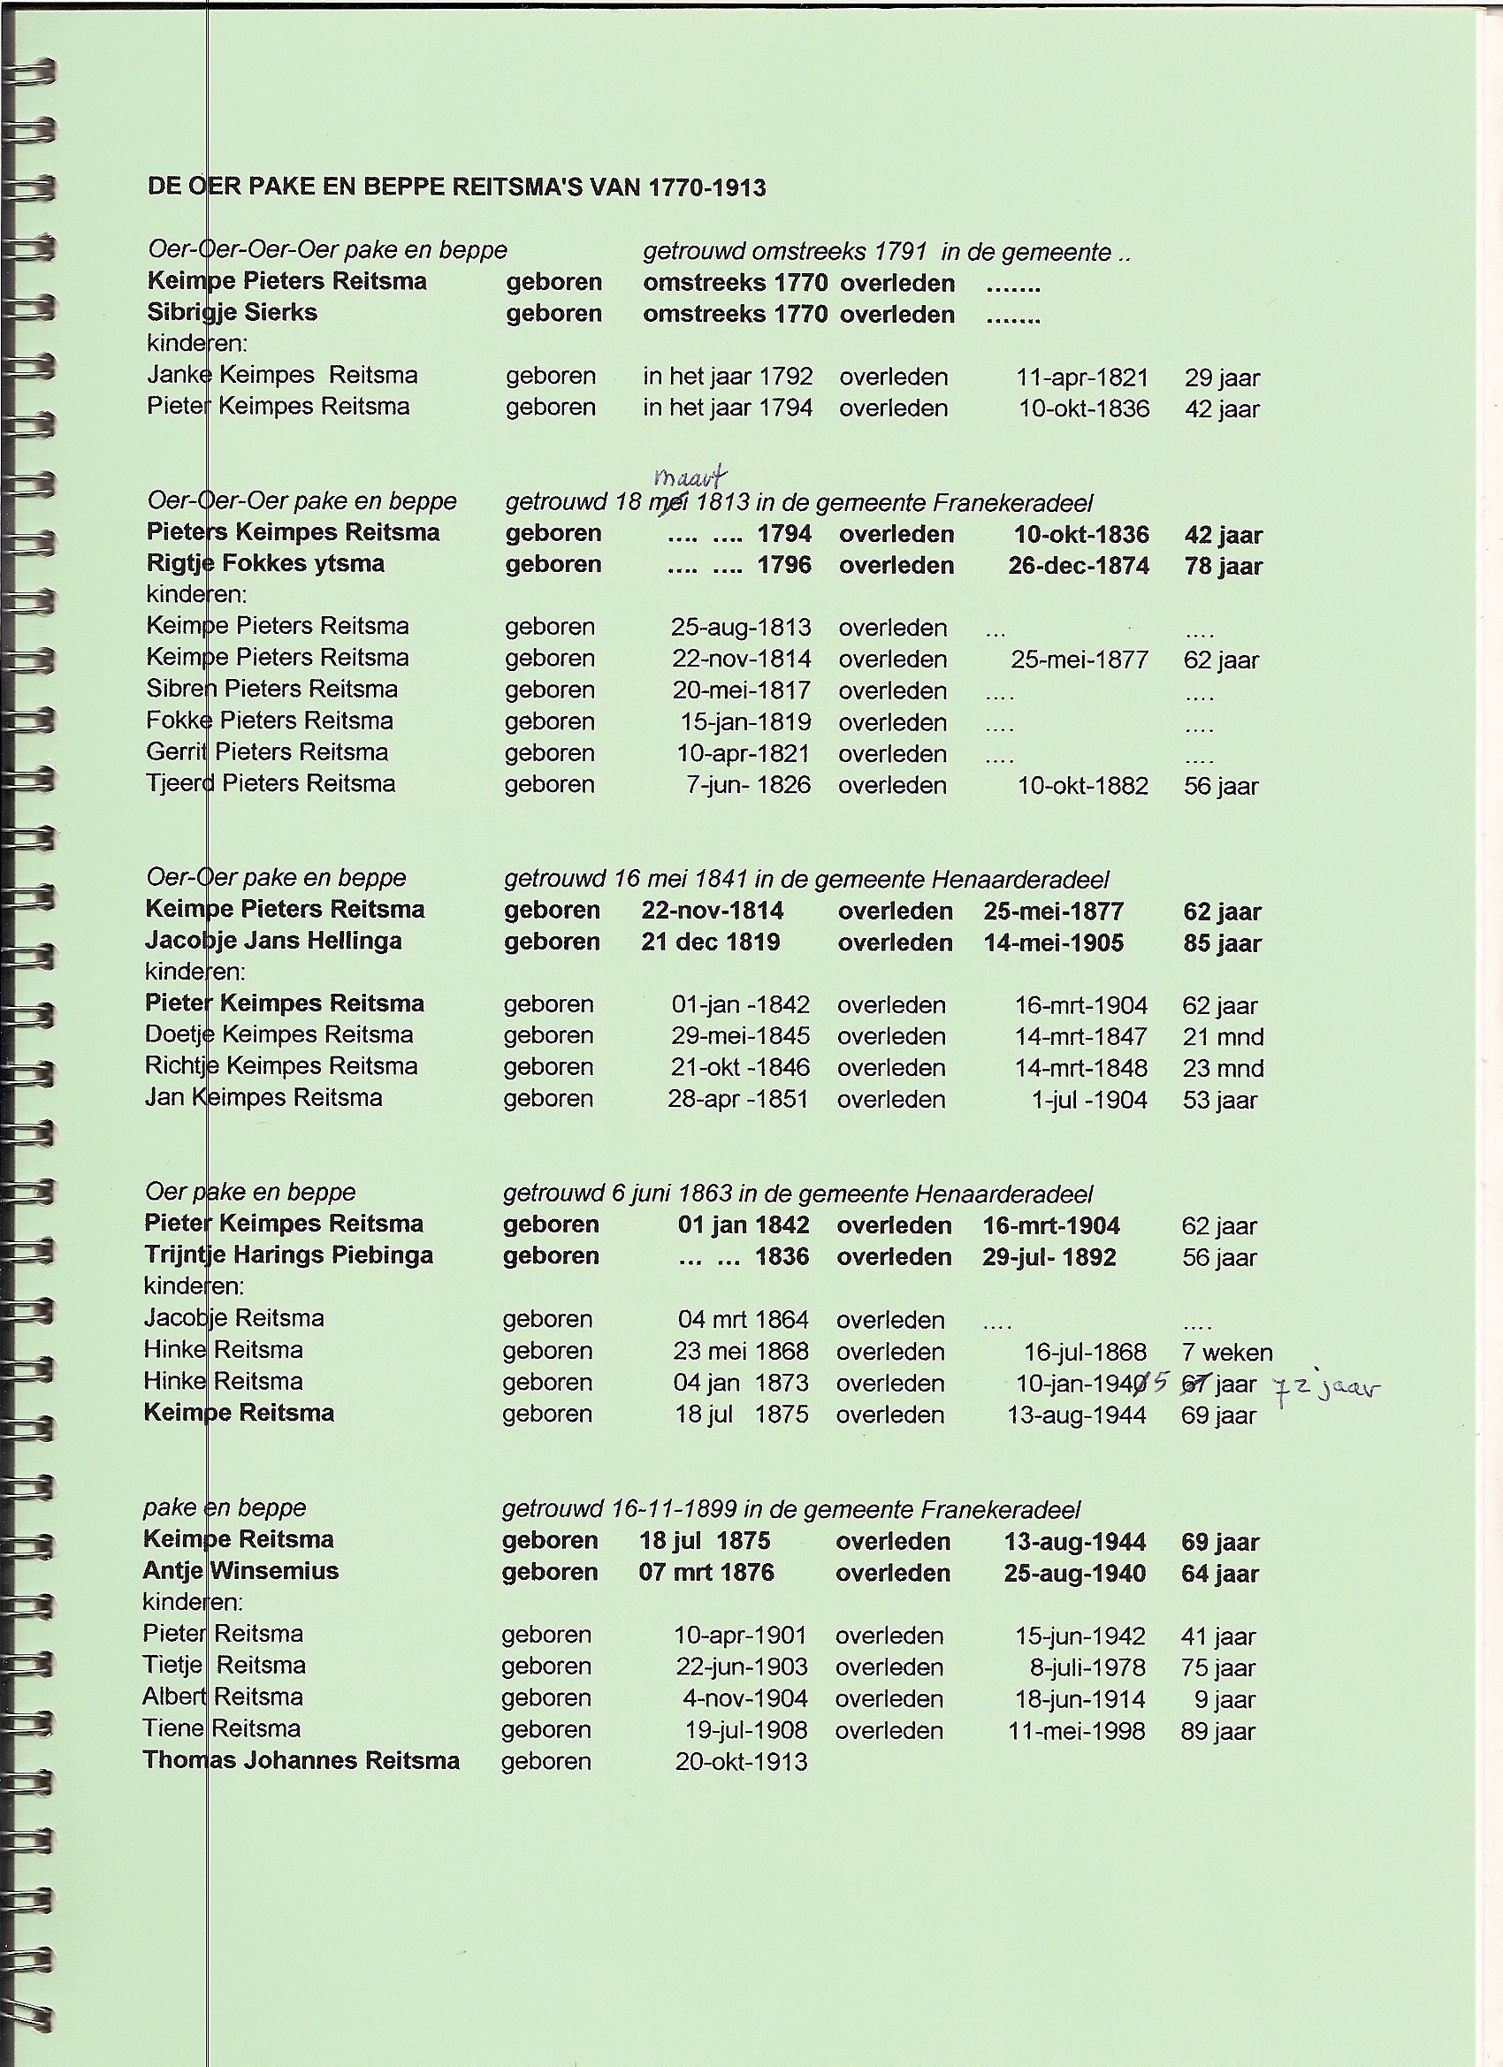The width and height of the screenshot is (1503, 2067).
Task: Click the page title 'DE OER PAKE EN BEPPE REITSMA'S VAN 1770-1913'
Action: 455,187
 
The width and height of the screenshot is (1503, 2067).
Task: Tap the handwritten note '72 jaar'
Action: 1326,1391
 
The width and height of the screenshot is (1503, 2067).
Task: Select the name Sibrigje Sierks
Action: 232,313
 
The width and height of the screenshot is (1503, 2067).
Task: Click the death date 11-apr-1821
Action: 1082,378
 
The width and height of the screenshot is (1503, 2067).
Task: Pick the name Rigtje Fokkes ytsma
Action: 265,563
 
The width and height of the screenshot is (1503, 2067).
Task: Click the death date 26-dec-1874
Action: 1079,566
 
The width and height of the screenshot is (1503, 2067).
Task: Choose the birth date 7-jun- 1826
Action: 747,785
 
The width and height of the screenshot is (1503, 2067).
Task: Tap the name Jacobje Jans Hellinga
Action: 272,941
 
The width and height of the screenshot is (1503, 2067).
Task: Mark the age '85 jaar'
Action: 1221,943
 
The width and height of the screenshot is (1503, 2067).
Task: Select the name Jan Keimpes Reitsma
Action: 263,1097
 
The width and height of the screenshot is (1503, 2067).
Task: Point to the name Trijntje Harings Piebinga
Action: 288,1255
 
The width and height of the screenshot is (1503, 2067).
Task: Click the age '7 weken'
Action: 1227,1353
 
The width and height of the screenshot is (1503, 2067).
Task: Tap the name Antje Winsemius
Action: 240,1570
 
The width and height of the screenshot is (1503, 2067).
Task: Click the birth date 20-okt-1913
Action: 741,1762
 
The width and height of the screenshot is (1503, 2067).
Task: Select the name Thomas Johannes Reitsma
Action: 301,1760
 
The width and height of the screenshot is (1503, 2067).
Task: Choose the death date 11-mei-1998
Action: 1075,1731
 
